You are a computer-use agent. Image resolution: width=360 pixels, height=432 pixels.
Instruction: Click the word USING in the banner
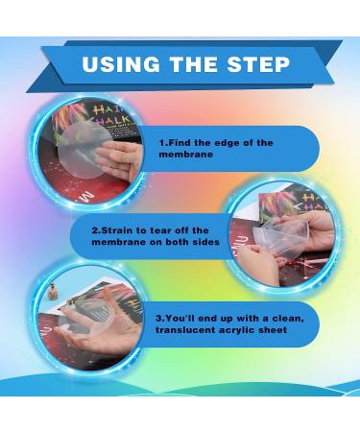tap(121, 64)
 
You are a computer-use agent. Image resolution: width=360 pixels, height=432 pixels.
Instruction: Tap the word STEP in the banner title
tap(258, 64)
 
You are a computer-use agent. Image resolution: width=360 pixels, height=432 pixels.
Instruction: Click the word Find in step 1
tap(180, 143)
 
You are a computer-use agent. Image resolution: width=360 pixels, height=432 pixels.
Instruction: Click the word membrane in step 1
tap(186, 155)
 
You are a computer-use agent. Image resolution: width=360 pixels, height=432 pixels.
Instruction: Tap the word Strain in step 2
tap(116, 230)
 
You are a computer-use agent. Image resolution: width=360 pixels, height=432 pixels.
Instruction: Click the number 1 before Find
tap(162, 143)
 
